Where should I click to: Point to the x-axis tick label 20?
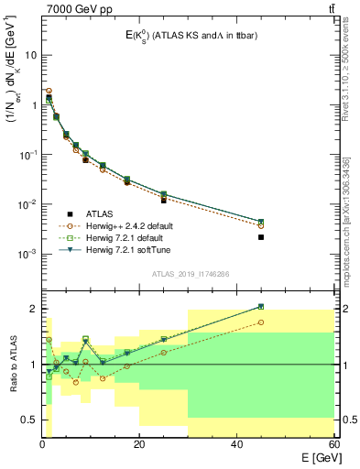[x=138, y=444]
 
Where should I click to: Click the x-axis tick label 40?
[x=236, y=444]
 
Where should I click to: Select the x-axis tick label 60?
[x=332, y=444]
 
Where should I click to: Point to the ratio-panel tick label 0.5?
[x=29, y=420]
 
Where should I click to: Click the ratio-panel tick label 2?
[x=34, y=309]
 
